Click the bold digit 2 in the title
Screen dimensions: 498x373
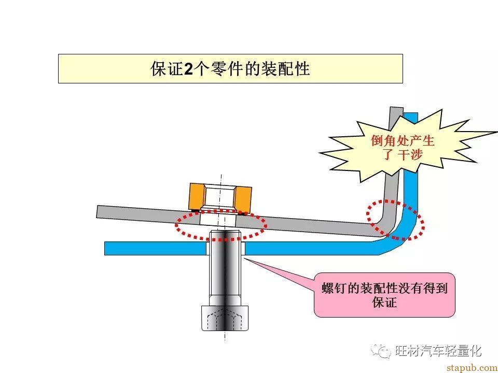click(x=189, y=69)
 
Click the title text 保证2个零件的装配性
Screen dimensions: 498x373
click(x=230, y=69)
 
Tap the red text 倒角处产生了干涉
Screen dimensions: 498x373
click(x=403, y=148)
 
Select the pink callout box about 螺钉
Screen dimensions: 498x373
click(x=384, y=295)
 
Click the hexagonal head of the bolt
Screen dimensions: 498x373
click(x=225, y=318)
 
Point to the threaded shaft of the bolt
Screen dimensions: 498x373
click(x=225, y=268)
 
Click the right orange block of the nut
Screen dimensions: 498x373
click(x=243, y=199)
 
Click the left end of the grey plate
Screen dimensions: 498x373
click(x=98, y=211)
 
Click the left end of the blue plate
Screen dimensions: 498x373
click(x=106, y=248)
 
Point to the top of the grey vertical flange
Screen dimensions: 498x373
click(x=396, y=108)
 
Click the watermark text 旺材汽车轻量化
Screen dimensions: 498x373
click(x=438, y=351)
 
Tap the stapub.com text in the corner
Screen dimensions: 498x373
click(x=472, y=368)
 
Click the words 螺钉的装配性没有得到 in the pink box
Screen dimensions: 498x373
click(x=384, y=288)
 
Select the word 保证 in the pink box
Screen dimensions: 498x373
click(x=384, y=302)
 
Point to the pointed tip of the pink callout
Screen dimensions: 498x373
click(x=244, y=258)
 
